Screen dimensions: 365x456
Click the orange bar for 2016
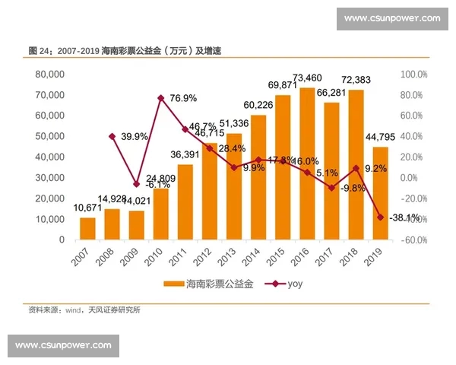pyautogui.click(x=307, y=163)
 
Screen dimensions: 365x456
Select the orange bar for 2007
pyautogui.click(x=87, y=228)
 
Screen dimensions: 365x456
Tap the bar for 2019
pyautogui.click(x=380, y=193)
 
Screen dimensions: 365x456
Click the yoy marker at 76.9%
pyautogui.click(x=161, y=98)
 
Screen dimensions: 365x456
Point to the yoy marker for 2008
pyautogui.click(x=112, y=136)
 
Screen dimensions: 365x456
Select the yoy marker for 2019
pyautogui.click(x=380, y=217)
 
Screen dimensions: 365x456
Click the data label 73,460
pyautogui.click(x=307, y=78)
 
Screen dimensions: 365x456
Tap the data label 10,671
pyautogui.click(x=87, y=208)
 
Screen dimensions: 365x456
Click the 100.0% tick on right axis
pyautogui.click(x=414, y=75)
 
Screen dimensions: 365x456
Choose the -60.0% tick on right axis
pyautogui.click(x=414, y=240)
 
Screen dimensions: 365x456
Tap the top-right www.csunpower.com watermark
pyautogui.click(x=391, y=18)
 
